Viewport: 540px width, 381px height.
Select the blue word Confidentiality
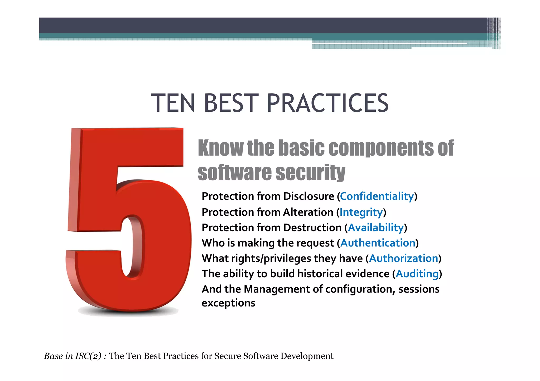coord(377,196)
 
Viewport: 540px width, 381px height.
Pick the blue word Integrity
coord(361,212)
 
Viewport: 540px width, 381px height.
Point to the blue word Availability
coord(376,228)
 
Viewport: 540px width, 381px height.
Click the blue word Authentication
coord(378,243)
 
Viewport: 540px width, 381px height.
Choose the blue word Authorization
coord(403,258)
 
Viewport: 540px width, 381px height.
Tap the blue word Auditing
coord(417,274)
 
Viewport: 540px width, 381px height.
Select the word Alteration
coord(308,212)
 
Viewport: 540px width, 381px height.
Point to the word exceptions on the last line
coord(228,303)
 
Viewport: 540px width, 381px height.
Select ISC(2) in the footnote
coord(88,356)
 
